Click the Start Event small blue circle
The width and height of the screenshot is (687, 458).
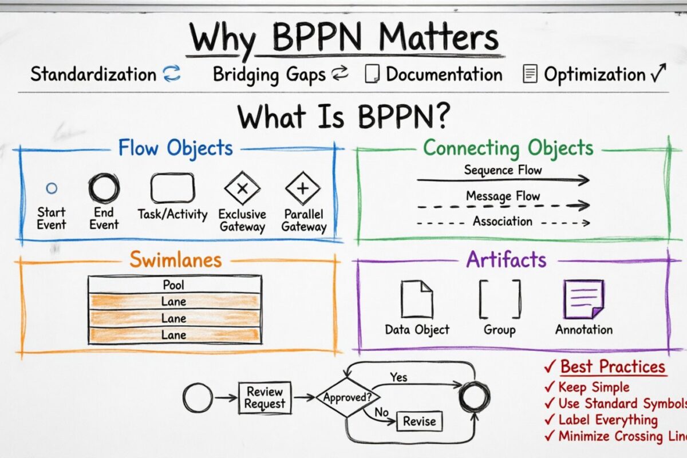52,188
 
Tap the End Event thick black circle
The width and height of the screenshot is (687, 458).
104,188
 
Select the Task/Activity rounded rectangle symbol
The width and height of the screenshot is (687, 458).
172,188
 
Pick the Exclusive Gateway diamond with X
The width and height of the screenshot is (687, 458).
242,188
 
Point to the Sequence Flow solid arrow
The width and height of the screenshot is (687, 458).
503,180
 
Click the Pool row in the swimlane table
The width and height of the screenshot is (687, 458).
175,285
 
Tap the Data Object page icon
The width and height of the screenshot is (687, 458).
416,299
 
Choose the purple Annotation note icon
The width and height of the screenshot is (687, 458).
583,299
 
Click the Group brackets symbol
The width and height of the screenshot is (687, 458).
500,299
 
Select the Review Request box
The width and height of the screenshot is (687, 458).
264,397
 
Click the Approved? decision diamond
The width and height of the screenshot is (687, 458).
343,397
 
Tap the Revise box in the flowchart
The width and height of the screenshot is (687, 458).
419,422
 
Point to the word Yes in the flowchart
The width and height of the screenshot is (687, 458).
398,377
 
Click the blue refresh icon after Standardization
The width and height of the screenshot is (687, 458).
172,74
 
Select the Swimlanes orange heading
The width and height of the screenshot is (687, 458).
175,259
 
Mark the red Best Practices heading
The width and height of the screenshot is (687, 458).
613,366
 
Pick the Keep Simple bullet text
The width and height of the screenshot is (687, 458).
594,387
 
